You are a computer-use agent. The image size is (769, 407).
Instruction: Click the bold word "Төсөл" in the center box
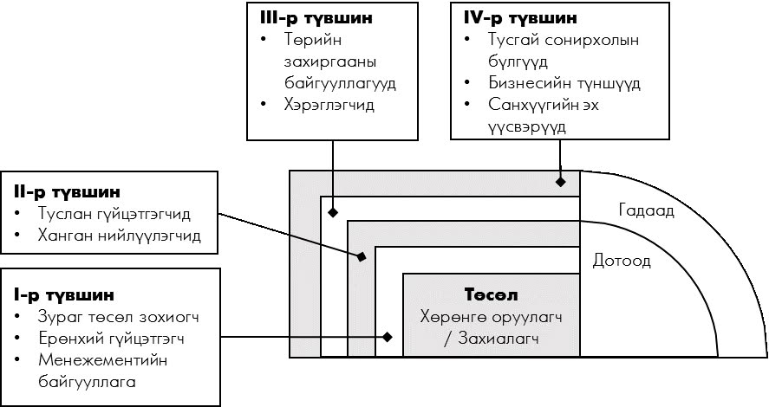[x=492, y=295]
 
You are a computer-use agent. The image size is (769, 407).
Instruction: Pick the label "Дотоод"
[x=622, y=260]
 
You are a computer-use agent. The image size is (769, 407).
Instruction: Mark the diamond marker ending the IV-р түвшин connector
[x=561, y=182]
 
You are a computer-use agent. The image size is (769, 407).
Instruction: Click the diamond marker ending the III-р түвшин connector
[x=333, y=211]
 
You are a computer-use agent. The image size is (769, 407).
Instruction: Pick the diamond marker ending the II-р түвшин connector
[x=362, y=256]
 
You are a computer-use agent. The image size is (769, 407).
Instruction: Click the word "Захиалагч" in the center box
[x=499, y=339]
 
